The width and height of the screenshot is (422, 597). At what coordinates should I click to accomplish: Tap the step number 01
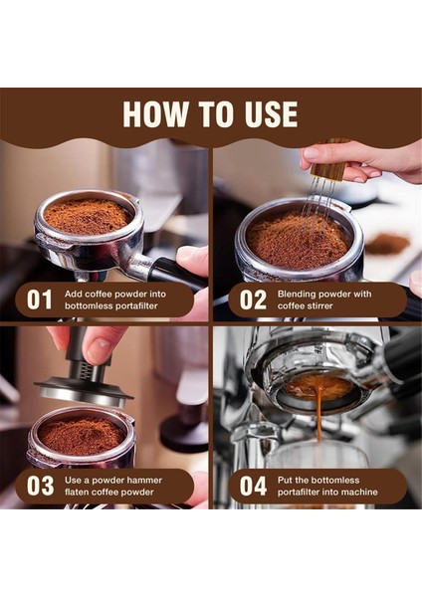pyautogui.click(x=40, y=299)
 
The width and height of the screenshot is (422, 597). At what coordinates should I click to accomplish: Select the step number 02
pyautogui.click(x=253, y=299)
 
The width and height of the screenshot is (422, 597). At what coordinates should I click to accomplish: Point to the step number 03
pyautogui.click(x=40, y=487)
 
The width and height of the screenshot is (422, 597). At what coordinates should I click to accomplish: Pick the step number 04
pyautogui.click(x=253, y=487)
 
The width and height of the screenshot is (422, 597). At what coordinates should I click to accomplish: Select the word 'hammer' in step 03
pyautogui.click(x=145, y=480)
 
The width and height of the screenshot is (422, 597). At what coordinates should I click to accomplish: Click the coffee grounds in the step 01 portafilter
pyautogui.click(x=88, y=215)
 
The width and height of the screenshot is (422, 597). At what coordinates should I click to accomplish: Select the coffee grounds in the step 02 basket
pyautogui.click(x=299, y=238)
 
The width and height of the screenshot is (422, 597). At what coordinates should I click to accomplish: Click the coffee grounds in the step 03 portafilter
pyautogui.click(x=81, y=435)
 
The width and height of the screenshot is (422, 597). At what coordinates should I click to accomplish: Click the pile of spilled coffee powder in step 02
pyautogui.click(x=387, y=242)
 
